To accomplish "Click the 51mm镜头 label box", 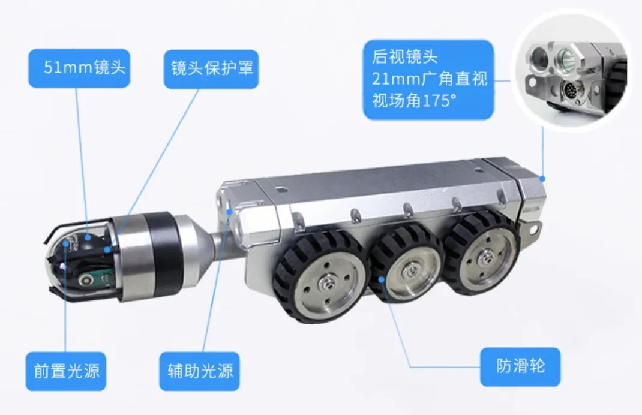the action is (x=79, y=68).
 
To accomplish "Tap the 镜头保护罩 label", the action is (x=211, y=69).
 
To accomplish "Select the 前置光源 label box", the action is (x=66, y=371).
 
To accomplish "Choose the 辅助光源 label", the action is (x=199, y=371).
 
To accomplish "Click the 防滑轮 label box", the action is (x=520, y=366).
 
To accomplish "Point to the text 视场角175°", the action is (x=414, y=100).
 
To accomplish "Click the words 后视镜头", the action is (x=405, y=56).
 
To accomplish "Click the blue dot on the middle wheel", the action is (x=382, y=279).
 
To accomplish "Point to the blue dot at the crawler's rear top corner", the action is (x=542, y=179).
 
